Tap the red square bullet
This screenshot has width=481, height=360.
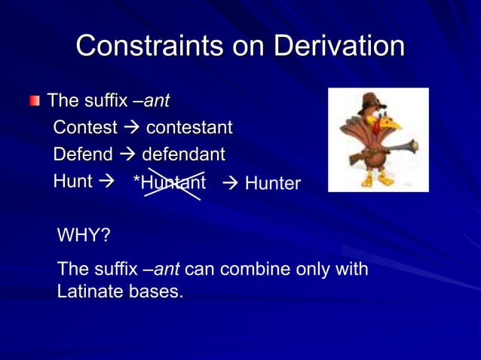(35, 101)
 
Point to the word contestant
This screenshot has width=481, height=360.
(188, 127)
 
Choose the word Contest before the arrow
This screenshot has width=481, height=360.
(85, 127)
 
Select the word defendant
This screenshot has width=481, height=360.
(183, 154)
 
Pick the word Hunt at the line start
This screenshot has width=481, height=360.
(72, 182)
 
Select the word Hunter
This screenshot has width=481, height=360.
(272, 183)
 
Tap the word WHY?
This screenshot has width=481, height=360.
(84, 236)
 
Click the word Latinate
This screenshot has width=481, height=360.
(90, 291)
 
